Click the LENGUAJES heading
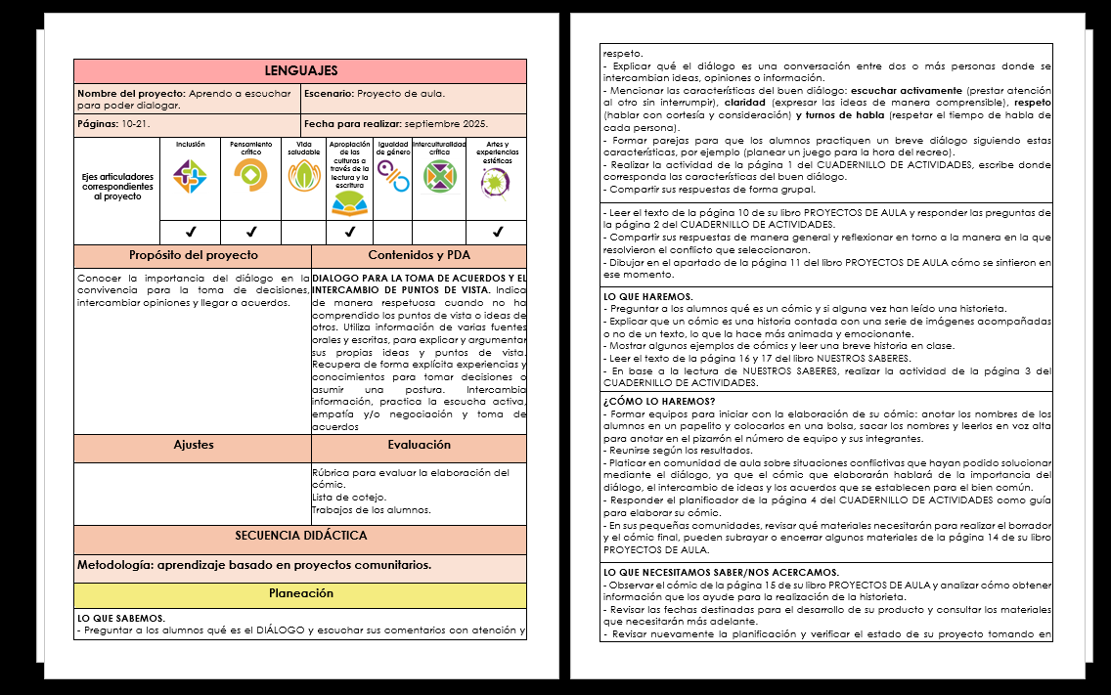click(300, 71)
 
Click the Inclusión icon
click(190, 176)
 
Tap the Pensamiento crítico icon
click(250, 176)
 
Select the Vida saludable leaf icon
click(303, 176)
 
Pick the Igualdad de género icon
click(393, 176)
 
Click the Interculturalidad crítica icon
click(439, 176)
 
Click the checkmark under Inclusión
click(190, 233)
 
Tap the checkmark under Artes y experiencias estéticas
click(497, 233)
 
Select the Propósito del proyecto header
click(193, 256)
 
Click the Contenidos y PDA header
click(419, 256)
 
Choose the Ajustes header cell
click(193, 445)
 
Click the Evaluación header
click(419, 445)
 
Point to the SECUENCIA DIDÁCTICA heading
click(300, 537)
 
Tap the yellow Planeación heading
click(300, 594)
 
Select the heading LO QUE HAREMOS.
click(648, 296)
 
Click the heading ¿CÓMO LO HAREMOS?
click(658, 402)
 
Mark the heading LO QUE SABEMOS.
click(121, 618)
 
